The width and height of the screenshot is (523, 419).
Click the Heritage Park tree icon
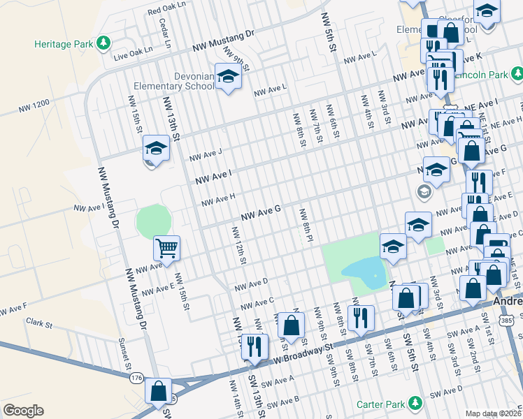[x=103, y=43]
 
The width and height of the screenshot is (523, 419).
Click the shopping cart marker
[x=167, y=248]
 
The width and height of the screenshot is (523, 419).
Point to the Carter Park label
[x=385, y=404]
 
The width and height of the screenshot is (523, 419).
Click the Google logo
[x=23, y=411]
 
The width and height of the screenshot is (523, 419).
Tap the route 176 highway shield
[x=136, y=378]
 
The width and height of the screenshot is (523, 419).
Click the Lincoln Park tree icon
[x=516, y=73]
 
